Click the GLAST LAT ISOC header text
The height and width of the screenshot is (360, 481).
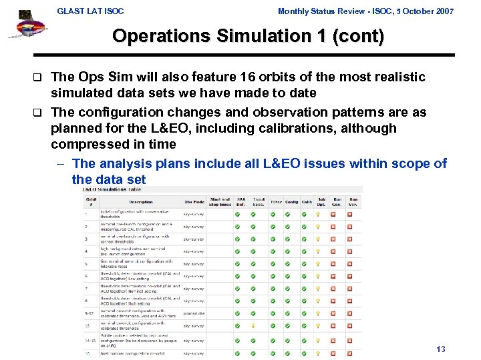pos(91,11)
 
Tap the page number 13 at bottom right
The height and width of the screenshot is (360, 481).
pos(440,349)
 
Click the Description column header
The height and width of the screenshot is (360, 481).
pos(140,202)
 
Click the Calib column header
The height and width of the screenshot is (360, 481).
pos(307,202)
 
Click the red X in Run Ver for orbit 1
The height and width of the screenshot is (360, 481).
pos(350,215)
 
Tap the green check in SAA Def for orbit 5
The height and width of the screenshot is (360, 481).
pos(238,264)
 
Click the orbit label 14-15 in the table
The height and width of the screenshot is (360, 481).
pos(90,340)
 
